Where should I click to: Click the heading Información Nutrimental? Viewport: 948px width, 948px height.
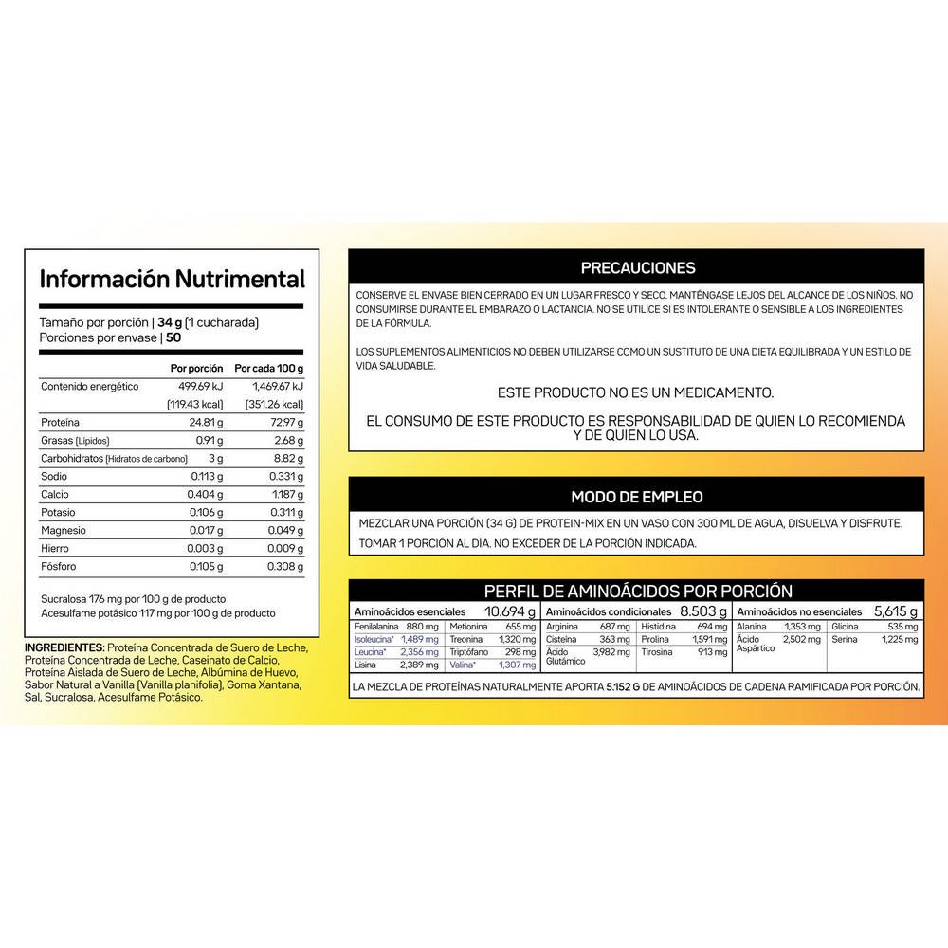(x=172, y=279)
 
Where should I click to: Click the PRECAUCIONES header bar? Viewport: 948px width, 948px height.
(x=637, y=268)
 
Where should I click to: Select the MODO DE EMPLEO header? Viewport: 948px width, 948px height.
(x=637, y=497)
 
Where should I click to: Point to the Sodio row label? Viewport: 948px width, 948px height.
(x=54, y=476)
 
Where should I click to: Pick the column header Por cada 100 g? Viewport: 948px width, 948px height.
(x=269, y=368)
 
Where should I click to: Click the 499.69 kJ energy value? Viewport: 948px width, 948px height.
(x=199, y=387)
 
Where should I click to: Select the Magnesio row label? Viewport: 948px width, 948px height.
(x=64, y=531)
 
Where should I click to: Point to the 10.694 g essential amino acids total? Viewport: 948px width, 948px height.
(x=510, y=611)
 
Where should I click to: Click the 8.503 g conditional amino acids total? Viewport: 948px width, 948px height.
(x=702, y=611)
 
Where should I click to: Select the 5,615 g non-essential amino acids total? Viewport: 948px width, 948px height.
(x=895, y=611)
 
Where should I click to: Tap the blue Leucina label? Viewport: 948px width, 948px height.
(x=368, y=652)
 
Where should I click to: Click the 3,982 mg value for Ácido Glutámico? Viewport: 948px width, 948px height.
(x=611, y=652)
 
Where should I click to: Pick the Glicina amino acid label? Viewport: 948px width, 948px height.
(x=847, y=627)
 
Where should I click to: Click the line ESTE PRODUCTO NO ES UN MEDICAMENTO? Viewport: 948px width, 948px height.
(x=635, y=392)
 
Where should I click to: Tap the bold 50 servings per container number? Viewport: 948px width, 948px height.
(x=173, y=337)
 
